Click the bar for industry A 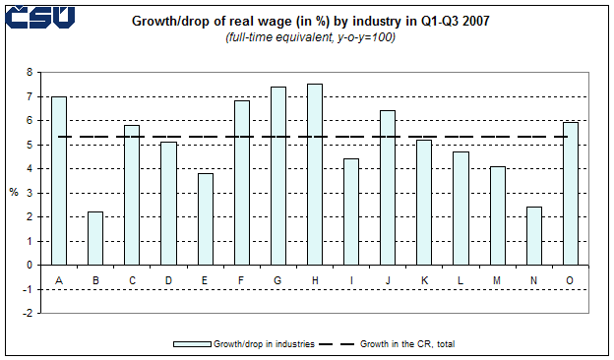[x=59, y=181]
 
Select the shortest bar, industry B [x=95, y=238]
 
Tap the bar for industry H [x=314, y=174]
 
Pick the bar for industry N [x=532, y=236]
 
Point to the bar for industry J [x=387, y=188]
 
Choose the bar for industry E [x=205, y=219]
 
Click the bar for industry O [x=569, y=194]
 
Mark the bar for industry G [x=277, y=176]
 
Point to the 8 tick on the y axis [x=30, y=73]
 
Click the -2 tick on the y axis [x=29, y=313]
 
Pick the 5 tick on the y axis [x=30, y=145]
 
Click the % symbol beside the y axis [x=14, y=192]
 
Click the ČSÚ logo [x=39, y=17]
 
